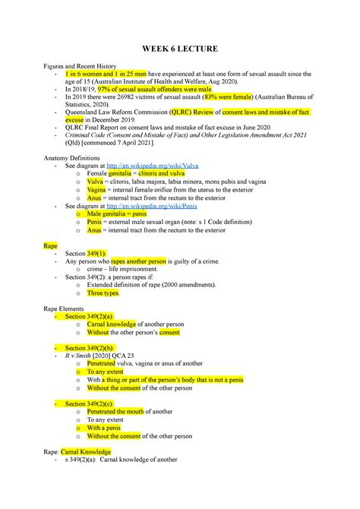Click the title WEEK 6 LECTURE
coord(180,49)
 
